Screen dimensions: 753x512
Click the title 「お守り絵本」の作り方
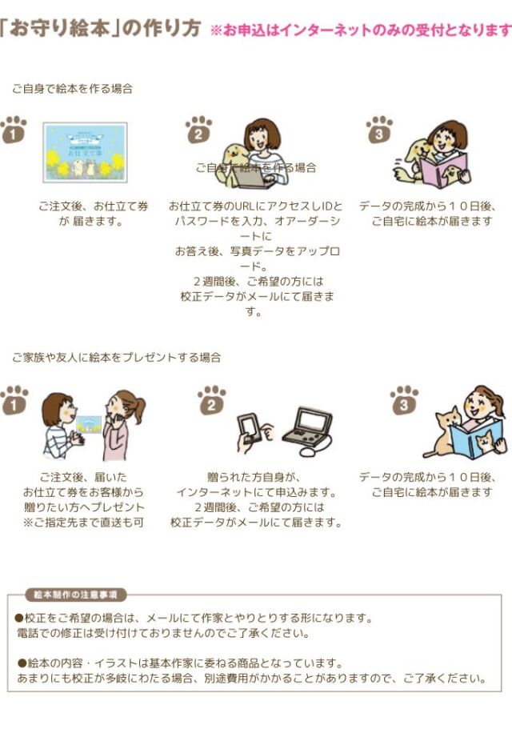point(101,29)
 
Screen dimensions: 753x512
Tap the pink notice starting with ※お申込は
point(360,30)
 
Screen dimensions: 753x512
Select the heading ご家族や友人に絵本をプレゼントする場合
point(116,357)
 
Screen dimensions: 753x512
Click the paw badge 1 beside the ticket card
point(13,130)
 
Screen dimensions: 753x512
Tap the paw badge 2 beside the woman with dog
point(198,130)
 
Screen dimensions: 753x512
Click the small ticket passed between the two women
point(90,422)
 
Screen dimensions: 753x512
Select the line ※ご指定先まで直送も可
point(84,523)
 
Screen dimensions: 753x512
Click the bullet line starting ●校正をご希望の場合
point(194,619)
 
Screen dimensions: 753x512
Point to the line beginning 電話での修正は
point(162,633)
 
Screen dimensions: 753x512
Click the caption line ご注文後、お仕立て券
point(94,206)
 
